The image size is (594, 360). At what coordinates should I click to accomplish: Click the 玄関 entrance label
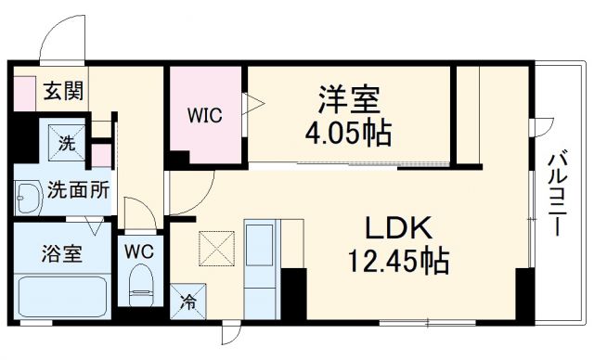click(x=63, y=92)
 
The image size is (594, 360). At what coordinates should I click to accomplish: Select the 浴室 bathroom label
click(x=61, y=253)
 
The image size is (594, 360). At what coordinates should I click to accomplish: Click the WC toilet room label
click(x=139, y=251)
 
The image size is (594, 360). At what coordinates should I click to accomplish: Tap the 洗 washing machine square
click(x=67, y=144)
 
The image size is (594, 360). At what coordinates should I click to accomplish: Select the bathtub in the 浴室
click(x=61, y=295)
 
